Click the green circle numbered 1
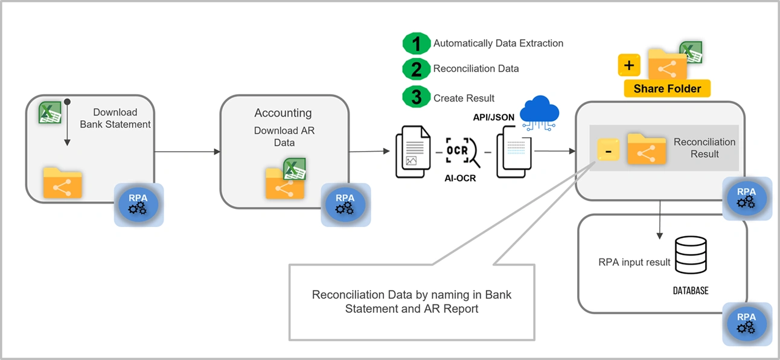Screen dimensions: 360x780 pos(417,43)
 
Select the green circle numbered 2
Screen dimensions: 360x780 pos(417,69)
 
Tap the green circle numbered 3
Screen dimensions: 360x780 pos(417,98)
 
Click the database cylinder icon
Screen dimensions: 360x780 pos(690,254)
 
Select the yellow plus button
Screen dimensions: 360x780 pos(629,65)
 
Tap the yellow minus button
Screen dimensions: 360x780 pos(607,150)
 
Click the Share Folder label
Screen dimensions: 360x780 pos(667,89)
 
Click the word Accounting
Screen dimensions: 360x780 pos(283,113)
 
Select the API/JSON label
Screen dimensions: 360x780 pos(493,117)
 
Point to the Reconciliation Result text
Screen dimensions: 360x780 pos(704,148)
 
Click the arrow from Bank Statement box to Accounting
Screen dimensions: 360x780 pos(187,152)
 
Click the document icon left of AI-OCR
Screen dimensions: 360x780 pos(414,153)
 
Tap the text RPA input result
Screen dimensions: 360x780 pos(635,262)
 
